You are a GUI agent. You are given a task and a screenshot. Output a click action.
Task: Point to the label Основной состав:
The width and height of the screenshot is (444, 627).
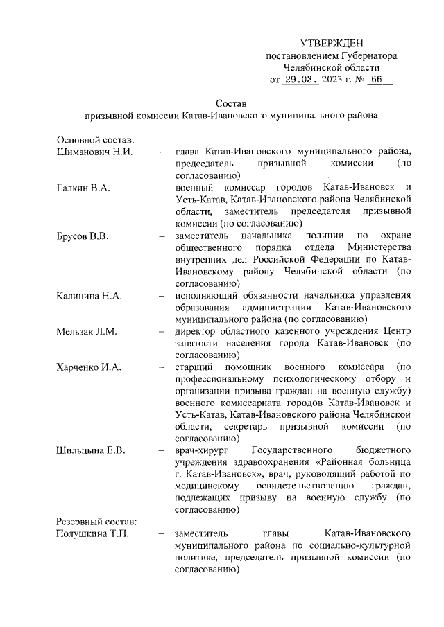[x=90, y=140]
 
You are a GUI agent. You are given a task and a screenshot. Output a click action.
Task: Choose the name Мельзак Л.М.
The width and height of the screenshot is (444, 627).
[x=87, y=331]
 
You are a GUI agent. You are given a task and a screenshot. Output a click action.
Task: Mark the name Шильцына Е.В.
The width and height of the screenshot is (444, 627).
[x=90, y=451]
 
